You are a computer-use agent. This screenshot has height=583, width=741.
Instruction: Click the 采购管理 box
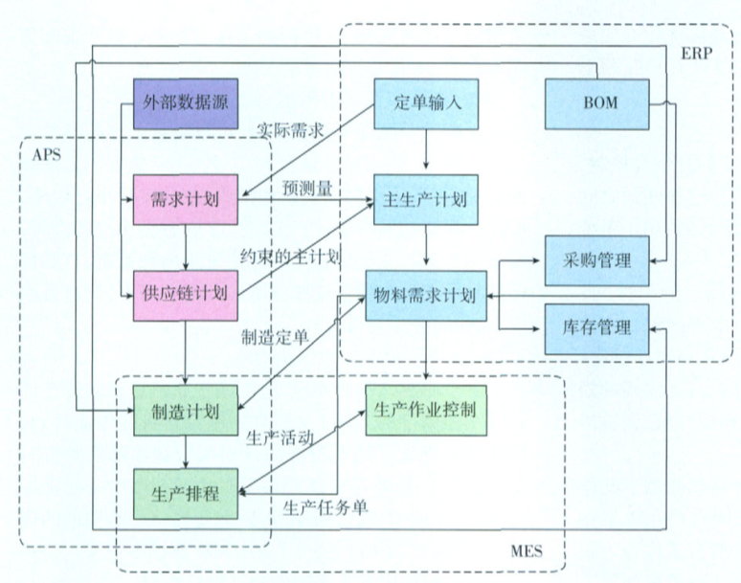point(595,258)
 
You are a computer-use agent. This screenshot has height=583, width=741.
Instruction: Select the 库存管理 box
point(595,328)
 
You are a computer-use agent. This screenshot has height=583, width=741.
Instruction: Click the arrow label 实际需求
point(289,128)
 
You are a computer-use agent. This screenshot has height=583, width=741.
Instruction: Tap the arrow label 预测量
point(306,189)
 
